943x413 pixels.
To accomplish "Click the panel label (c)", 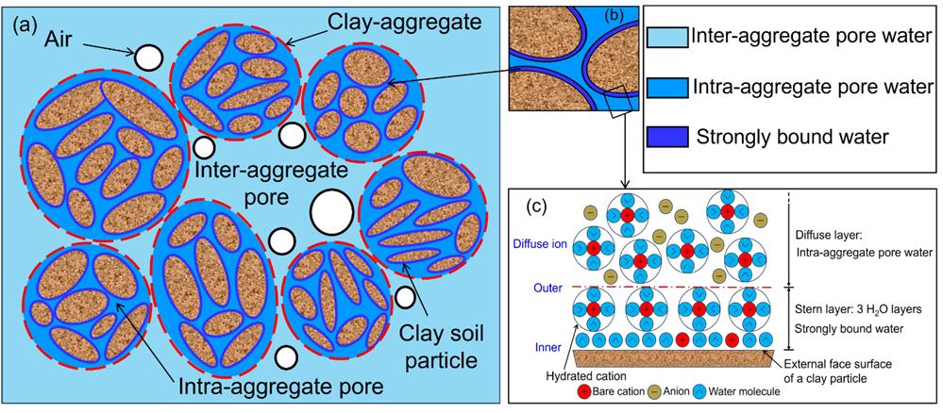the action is (536, 206).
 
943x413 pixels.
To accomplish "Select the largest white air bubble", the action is (332, 212).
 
